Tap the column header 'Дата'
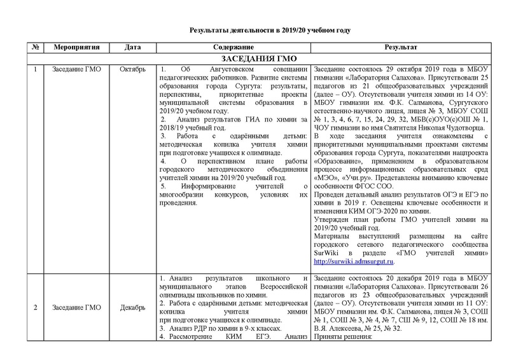133,48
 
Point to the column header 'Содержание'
232,48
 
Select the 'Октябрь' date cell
133,68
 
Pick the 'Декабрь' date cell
133,308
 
